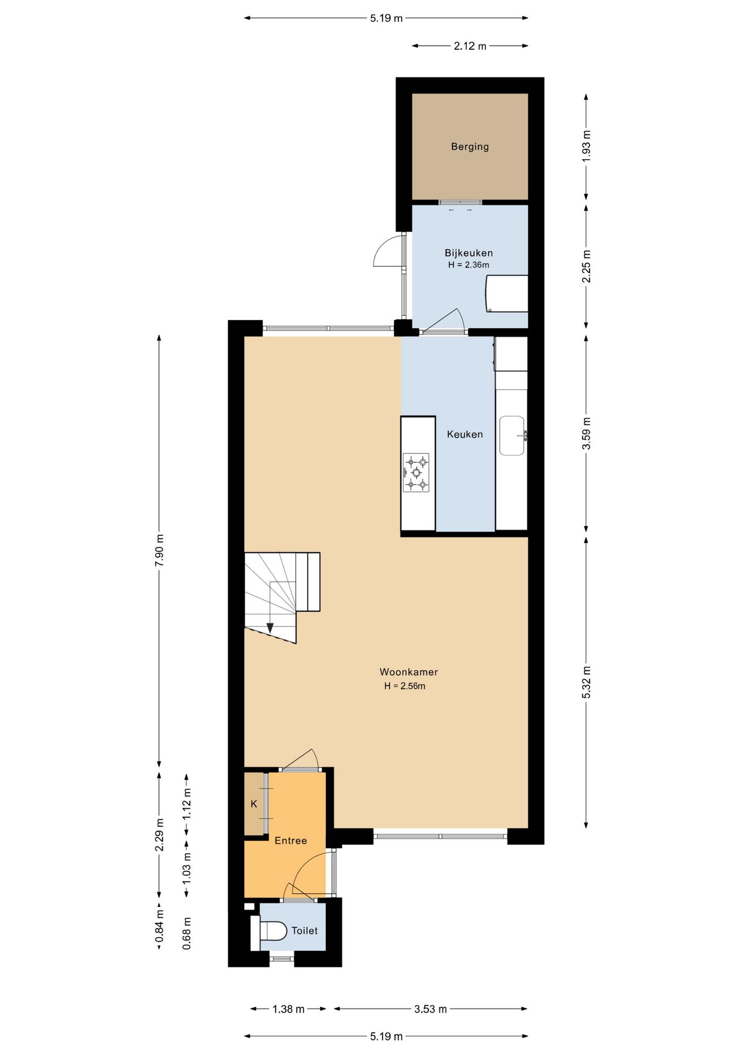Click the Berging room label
click(470, 147)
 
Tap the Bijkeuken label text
click(469, 253)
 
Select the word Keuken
click(465, 434)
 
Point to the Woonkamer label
click(409, 672)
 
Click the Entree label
click(291, 840)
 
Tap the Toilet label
click(304, 930)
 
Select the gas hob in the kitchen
click(416, 472)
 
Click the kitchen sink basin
click(512, 435)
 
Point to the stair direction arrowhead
click(270, 627)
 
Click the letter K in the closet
click(254, 804)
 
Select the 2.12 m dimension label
click(470, 46)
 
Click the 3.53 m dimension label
click(430, 1009)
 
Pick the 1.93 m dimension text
click(586, 145)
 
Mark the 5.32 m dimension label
click(586, 682)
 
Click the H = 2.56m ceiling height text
click(405, 686)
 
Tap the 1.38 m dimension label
click(289, 1009)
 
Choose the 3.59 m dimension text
click(586, 434)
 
